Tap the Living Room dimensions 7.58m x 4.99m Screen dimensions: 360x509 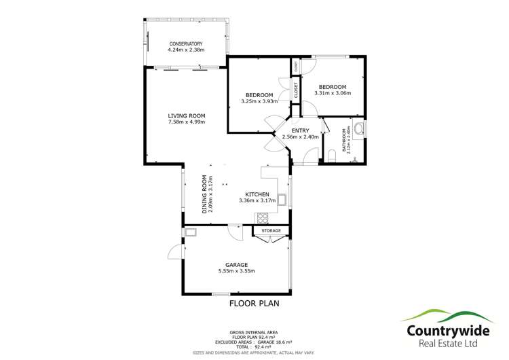pyautogui.click(x=186, y=122)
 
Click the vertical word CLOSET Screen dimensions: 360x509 pyautogui.click(x=296, y=90)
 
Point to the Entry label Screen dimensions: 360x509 pyautogui.click(x=300, y=130)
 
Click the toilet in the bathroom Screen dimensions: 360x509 pyautogui.click(x=331, y=156)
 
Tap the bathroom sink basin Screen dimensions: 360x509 pyautogui.click(x=358, y=128)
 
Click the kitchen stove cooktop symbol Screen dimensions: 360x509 pyautogui.click(x=263, y=217)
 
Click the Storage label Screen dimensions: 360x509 pyautogui.click(x=271, y=231)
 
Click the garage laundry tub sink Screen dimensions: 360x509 pyautogui.click(x=191, y=233)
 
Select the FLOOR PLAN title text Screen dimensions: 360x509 pyautogui.click(x=254, y=303)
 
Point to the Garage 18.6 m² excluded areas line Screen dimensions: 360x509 pyautogui.click(x=254, y=342)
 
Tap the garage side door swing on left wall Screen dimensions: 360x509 pyautogui.click(x=176, y=252)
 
